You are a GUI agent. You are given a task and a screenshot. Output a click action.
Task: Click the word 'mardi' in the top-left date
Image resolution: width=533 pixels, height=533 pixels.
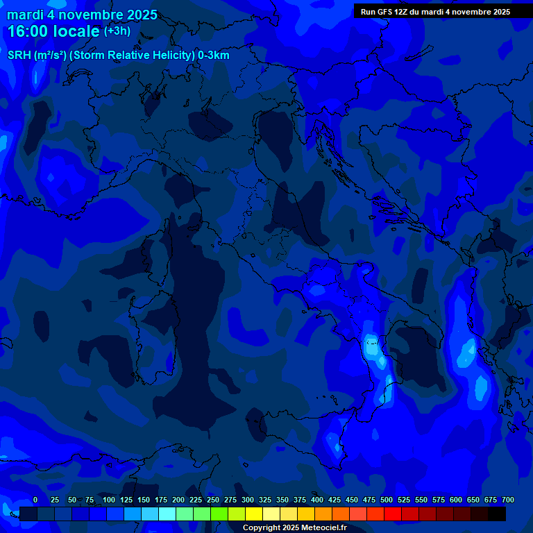[x=25, y=15]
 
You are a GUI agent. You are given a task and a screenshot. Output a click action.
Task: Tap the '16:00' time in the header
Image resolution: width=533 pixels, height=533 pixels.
[x=27, y=31]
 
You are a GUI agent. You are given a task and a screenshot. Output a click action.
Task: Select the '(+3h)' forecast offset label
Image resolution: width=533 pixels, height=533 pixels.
[x=117, y=31]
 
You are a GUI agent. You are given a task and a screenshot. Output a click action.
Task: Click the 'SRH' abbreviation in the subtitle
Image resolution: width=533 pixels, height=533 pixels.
[x=19, y=56]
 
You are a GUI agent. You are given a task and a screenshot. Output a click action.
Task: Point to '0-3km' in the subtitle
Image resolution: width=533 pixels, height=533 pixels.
[x=213, y=56]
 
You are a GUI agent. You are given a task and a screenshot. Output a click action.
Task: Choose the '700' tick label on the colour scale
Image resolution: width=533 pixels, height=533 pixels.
[x=507, y=500]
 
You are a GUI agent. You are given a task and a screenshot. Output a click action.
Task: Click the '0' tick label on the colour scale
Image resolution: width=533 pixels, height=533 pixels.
[x=35, y=500]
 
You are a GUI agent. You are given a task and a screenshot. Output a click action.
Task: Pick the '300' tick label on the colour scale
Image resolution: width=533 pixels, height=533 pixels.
[x=248, y=500]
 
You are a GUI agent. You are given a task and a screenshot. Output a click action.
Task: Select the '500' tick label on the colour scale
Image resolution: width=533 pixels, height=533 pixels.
[x=387, y=500]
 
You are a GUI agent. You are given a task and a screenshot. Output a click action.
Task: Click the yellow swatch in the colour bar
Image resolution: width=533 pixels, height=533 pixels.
[x=254, y=514]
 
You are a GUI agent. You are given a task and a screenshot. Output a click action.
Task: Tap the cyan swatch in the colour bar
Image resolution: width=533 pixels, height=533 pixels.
[x=167, y=514]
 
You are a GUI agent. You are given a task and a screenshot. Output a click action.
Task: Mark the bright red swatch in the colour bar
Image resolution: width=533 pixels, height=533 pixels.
[x=393, y=514]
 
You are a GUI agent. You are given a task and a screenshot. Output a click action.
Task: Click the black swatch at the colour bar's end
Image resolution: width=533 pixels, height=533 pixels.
[x=497, y=514]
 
